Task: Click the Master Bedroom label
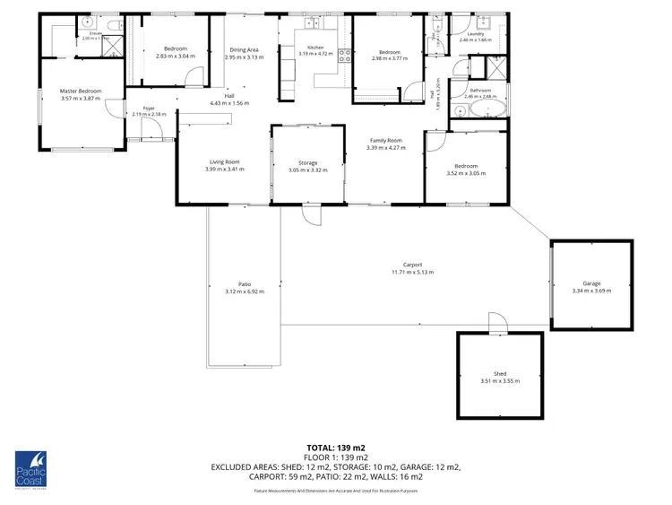(x=81, y=91)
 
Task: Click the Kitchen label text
(x=315, y=47)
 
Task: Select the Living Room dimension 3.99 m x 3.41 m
(x=224, y=169)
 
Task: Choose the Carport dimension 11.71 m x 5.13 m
(x=412, y=273)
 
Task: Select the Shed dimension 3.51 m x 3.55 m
(x=500, y=380)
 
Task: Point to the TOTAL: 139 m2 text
(x=335, y=447)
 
